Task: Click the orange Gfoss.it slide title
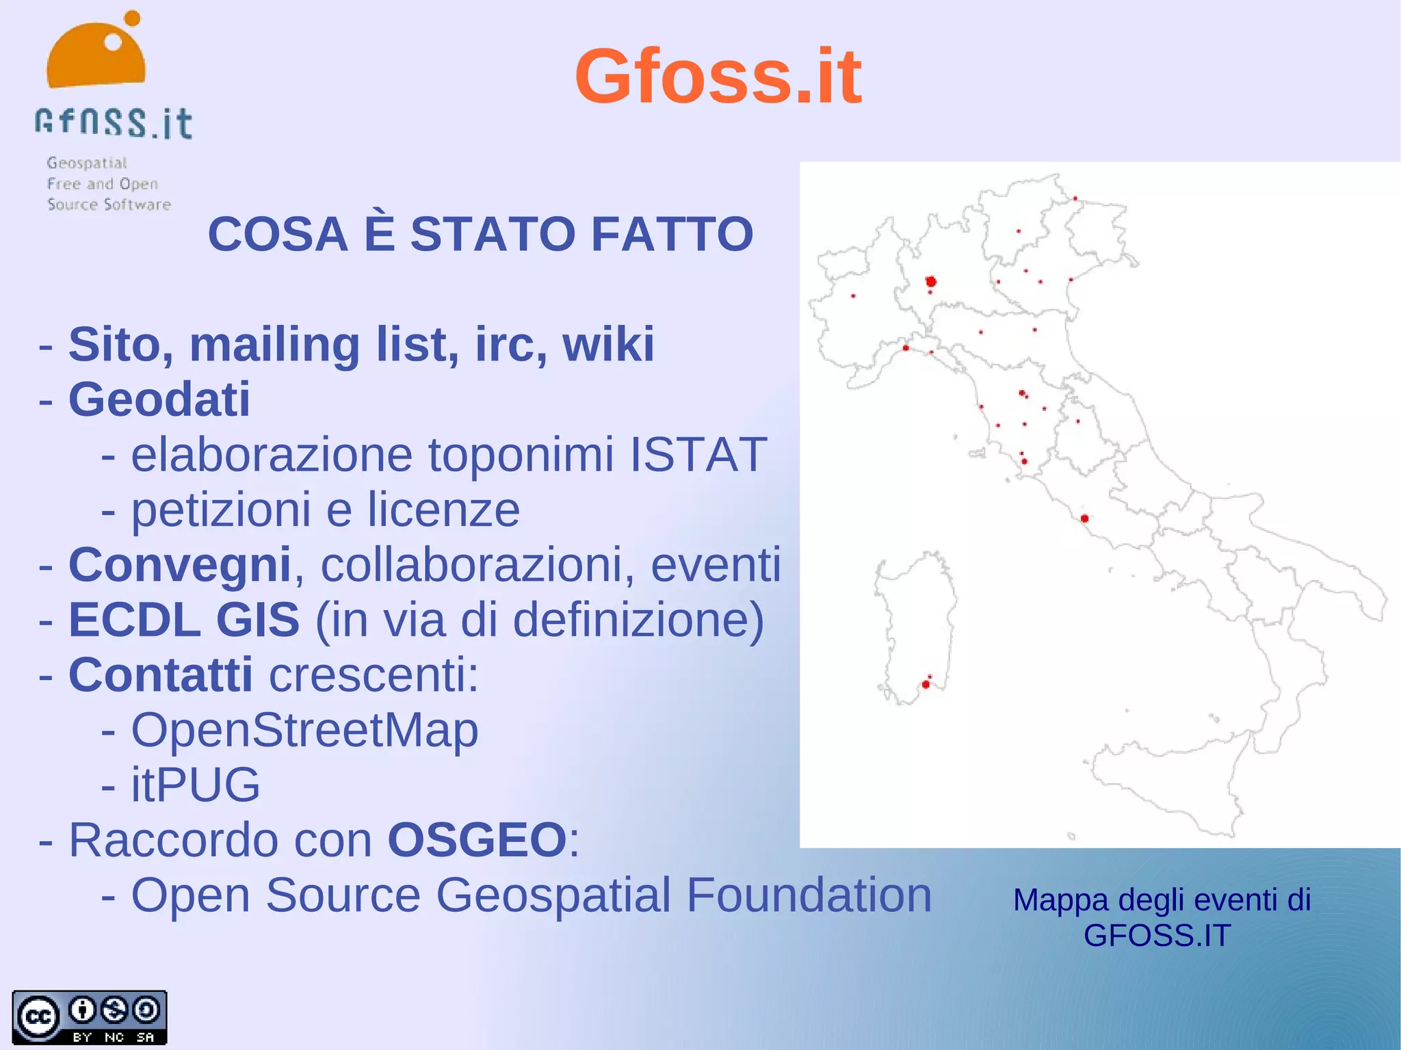click(x=718, y=77)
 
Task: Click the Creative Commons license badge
click(x=89, y=1017)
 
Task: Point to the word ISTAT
click(x=698, y=454)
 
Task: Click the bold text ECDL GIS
click(x=184, y=620)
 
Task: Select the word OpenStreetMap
click(x=304, y=730)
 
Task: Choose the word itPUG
click(x=196, y=785)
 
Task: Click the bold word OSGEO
click(x=477, y=839)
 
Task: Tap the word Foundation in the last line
click(x=809, y=895)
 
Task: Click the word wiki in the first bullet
click(x=608, y=344)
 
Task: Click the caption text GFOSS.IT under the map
click(x=1157, y=936)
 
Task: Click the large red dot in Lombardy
click(x=930, y=281)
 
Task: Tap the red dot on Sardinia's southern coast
click(x=926, y=684)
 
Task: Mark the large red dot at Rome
click(x=1084, y=519)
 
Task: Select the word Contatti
click(x=161, y=674)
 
